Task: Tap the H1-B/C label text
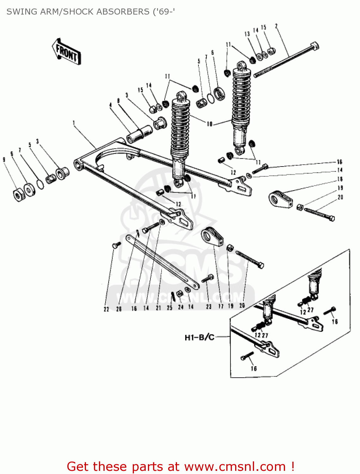(199, 337)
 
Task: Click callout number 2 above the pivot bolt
(277, 26)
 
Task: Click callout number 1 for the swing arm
(74, 123)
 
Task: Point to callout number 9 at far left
(4, 160)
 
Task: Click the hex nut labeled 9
(18, 195)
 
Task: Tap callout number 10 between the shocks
(210, 124)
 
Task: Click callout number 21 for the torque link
(158, 308)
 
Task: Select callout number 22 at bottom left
(106, 309)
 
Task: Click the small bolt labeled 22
(116, 245)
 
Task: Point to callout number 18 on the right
(340, 179)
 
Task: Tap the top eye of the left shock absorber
(181, 96)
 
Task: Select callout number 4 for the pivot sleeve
(111, 105)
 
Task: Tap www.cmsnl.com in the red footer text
(235, 466)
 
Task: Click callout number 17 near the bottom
(221, 306)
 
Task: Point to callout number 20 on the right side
(340, 197)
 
